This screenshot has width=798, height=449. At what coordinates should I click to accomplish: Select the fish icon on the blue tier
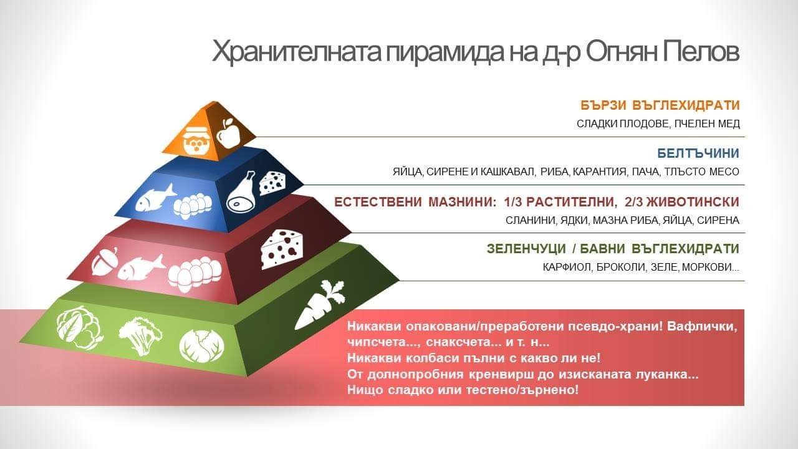point(155,198)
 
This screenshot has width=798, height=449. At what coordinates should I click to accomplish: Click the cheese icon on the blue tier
point(272,183)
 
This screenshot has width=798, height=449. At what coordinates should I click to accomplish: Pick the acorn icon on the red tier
point(104,261)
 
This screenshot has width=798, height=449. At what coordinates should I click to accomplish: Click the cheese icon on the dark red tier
point(282,249)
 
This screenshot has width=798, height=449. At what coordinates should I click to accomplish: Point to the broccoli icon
point(141,336)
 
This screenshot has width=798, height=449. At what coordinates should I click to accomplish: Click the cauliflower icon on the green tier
point(79,327)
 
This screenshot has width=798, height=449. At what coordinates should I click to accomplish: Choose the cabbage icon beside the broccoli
point(201,346)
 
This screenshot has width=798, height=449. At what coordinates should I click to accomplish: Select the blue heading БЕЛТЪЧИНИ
point(698,153)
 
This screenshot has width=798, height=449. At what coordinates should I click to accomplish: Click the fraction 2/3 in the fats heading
point(633,203)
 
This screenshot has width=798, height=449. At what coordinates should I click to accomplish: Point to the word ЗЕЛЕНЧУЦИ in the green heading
point(527,249)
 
